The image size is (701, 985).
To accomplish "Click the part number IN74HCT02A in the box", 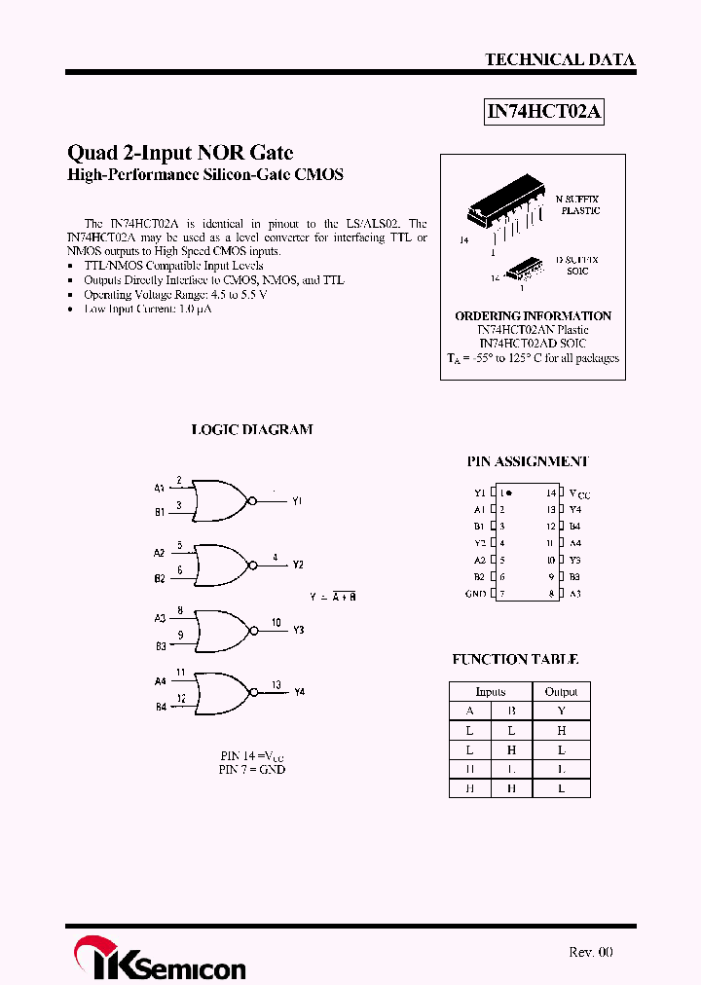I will click(x=545, y=112).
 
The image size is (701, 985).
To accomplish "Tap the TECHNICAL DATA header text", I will click(x=560, y=59).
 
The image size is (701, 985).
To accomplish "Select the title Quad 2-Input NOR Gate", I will click(x=180, y=153).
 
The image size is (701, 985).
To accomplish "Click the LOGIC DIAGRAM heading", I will click(x=251, y=429).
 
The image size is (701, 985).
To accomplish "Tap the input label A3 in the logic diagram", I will click(x=160, y=618).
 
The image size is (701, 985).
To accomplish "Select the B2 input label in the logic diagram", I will click(x=160, y=578).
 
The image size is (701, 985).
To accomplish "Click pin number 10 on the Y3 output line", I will click(x=277, y=623).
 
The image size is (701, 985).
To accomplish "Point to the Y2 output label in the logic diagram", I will click(x=298, y=565).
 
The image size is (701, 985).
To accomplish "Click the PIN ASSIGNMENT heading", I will click(x=528, y=461).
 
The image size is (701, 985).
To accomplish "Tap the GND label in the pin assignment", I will click(x=475, y=593).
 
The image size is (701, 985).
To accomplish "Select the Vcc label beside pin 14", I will click(x=579, y=494).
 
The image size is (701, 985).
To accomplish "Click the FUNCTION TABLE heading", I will click(x=515, y=659).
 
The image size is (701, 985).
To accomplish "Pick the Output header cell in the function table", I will click(x=561, y=692).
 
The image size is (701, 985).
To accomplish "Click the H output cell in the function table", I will click(x=561, y=730).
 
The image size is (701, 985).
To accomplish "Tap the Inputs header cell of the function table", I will click(x=490, y=692).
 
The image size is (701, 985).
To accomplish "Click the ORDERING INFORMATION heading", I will click(x=533, y=316).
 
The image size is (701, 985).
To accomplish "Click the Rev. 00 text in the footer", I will click(x=591, y=952).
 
